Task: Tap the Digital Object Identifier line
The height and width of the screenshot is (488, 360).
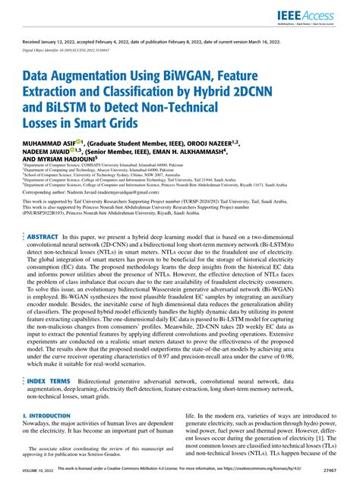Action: [x=70, y=56]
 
